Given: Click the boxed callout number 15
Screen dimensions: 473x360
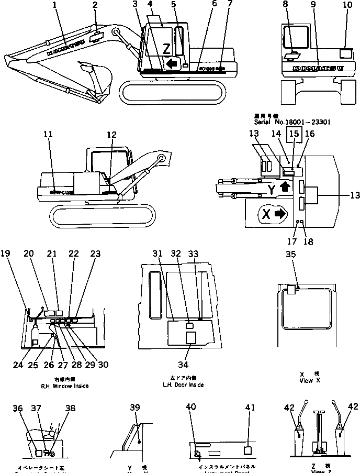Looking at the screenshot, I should (x=295, y=135).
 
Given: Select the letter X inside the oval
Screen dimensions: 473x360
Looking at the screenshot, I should (x=265, y=214).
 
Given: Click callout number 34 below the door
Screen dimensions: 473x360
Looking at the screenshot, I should (x=188, y=365).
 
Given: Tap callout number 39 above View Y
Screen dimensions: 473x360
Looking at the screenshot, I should (x=135, y=408).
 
